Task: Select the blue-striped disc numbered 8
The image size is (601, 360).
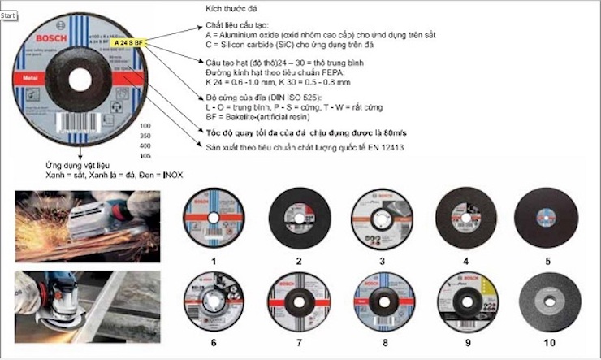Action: click(380, 299)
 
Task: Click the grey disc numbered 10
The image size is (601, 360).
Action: click(550, 298)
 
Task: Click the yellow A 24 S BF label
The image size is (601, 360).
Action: click(127, 41)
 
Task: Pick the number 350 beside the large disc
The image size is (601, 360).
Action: click(146, 137)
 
